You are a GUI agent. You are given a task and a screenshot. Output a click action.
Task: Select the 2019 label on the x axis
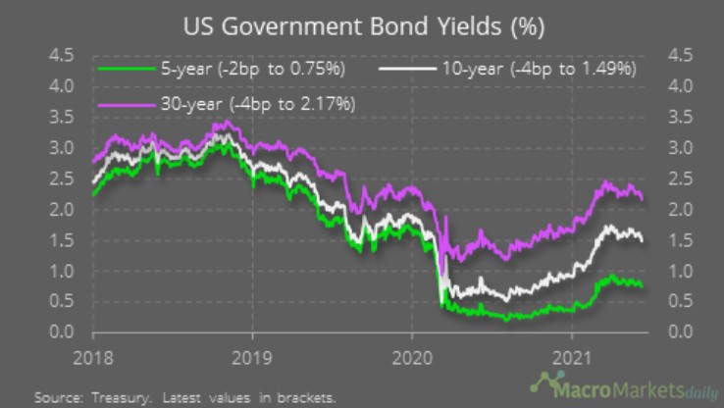tap(252, 356)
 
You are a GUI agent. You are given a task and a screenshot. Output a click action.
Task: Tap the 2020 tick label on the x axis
tap(412, 356)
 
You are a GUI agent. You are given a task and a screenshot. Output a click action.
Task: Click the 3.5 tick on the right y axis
tap(682, 117)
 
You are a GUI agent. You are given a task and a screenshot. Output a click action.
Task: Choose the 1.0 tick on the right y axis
tap(682, 272)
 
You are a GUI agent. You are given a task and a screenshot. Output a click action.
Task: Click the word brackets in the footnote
tap(304, 398)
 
